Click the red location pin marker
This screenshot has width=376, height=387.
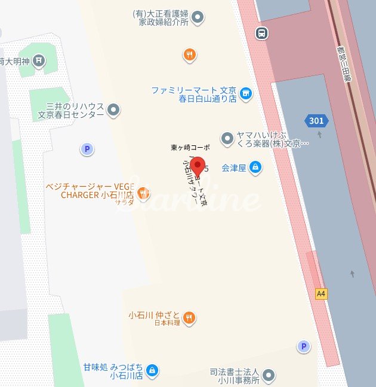[197, 166]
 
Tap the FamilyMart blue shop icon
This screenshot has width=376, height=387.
[246, 94]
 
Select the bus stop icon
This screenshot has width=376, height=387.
[261, 33]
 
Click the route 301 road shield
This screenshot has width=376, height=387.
[316, 121]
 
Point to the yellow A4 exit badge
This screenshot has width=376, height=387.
[322, 294]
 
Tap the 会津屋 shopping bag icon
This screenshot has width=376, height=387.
[255, 167]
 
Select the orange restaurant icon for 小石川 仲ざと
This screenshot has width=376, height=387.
[189, 318]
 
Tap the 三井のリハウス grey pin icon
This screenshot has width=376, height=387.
[113, 110]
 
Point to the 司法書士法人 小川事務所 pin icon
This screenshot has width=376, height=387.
[270, 376]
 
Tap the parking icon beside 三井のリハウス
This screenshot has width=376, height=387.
[88, 149]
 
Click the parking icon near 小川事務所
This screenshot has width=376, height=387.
[304, 346]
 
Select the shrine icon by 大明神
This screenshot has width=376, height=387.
[39, 60]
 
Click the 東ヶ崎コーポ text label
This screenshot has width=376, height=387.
[190, 147]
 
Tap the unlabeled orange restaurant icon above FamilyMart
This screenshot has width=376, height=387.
[190, 55]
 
